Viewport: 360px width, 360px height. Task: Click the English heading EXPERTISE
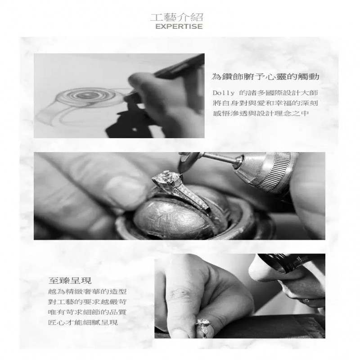point(179,27)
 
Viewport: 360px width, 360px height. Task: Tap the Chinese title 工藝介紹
point(177,18)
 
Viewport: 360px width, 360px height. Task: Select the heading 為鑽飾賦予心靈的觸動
point(265,76)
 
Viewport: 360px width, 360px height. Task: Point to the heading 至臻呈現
point(70,280)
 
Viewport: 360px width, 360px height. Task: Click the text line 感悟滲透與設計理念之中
point(261,113)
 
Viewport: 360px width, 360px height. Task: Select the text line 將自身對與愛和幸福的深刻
point(265,103)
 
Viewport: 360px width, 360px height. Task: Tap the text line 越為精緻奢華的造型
point(87,292)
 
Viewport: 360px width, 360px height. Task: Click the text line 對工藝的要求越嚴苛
point(87,301)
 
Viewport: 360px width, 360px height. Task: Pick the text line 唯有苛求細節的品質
point(87,312)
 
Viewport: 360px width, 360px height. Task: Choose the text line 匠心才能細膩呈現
point(83,322)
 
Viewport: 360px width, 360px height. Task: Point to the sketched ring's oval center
point(85,95)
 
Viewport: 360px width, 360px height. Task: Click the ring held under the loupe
point(203,326)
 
